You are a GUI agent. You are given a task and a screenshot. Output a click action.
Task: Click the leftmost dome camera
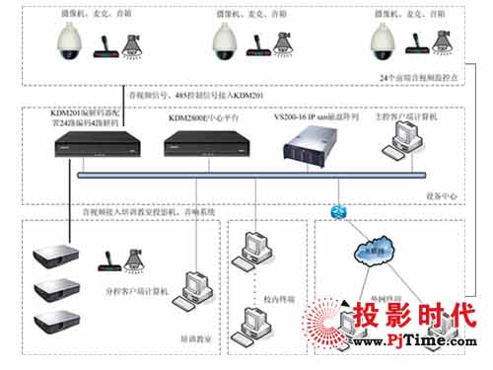(x=71, y=41)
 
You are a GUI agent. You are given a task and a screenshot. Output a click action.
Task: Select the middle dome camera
(x=227, y=41)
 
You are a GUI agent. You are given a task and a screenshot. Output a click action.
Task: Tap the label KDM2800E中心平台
(x=202, y=117)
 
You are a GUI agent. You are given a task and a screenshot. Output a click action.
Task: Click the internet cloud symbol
(x=371, y=250)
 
